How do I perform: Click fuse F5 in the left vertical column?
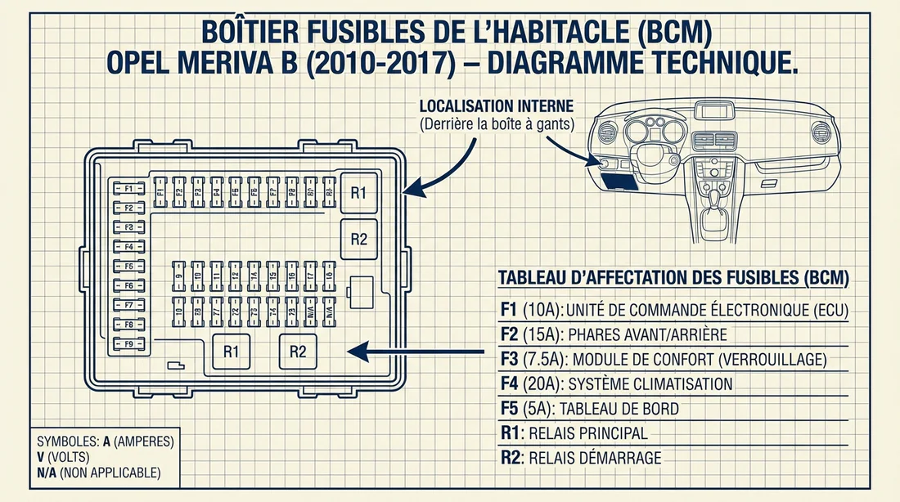(128, 266)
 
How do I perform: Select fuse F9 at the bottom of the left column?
(128, 343)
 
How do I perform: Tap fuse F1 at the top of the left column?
(128, 188)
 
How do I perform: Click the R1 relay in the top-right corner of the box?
(358, 193)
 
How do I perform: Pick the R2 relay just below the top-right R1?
(358, 239)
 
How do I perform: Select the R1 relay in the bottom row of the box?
(231, 352)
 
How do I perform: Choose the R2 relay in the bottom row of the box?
(298, 352)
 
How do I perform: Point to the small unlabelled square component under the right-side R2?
(362, 288)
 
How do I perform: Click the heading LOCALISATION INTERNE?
(496, 107)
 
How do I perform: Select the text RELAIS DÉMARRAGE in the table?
(596, 458)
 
